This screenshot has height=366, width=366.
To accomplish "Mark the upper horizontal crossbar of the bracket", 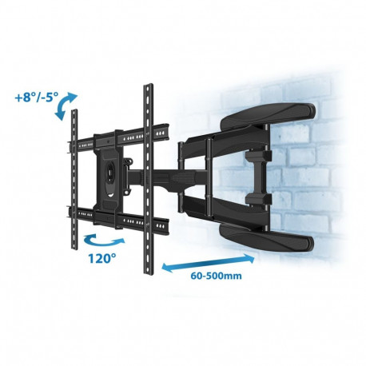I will (x=120, y=132).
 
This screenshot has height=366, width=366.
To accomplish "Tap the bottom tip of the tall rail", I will (x=149, y=270).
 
